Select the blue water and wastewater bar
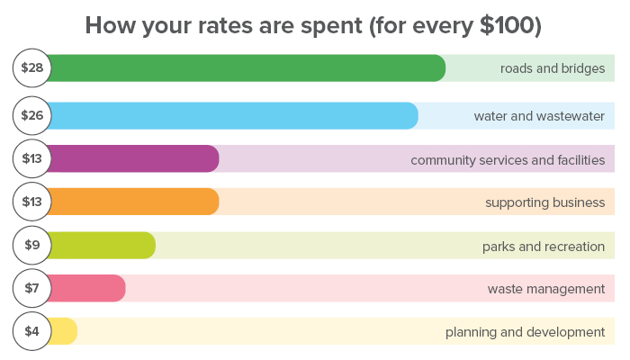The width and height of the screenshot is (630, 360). coord(234,116)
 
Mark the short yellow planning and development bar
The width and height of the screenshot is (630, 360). coord(63,331)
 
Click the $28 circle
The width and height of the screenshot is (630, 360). coord(31,68)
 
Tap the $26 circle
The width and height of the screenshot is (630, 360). coord(31,116)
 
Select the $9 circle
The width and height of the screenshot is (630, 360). coord(31,245)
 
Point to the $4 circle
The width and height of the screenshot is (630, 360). coord(31,331)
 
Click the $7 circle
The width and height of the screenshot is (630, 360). coord(31,288)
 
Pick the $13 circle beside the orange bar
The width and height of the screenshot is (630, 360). coord(31,202)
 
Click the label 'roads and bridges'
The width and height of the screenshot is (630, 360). coord(553,68)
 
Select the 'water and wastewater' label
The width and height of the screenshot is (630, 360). coord(539,116)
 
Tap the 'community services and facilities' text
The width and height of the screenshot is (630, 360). coord(508,159)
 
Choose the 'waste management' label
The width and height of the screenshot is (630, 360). coord(546,289)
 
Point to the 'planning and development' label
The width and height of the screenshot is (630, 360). coord(525,332)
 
